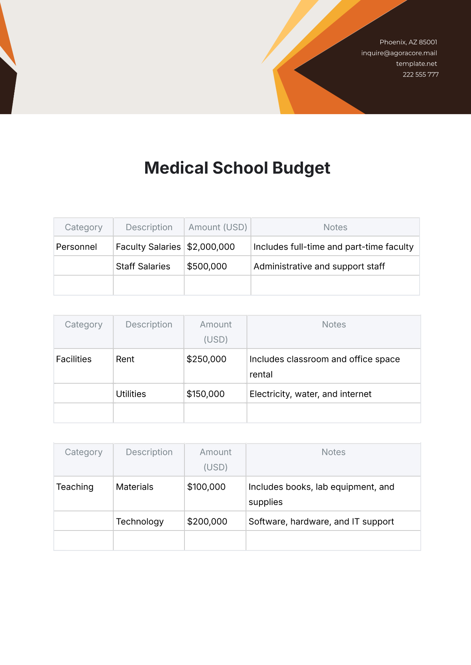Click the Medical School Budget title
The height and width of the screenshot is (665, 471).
(x=237, y=168)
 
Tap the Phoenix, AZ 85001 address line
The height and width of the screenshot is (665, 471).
(x=408, y=42)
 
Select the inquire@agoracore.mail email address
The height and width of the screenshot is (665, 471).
(x=399, y=53)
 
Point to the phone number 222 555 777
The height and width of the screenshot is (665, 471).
(x=420, y=74)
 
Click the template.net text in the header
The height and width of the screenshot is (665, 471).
(x=416, y=64)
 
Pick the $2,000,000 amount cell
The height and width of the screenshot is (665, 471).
(x=211, y=247)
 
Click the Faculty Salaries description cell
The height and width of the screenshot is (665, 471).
(x=148, y=247)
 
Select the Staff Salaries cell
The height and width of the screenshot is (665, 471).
(x=143, y=267)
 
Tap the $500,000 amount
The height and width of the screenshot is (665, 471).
(x=207, y=267)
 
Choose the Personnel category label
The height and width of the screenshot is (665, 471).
(x=77, y=247)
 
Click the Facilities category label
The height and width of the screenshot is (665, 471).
(x=74, y=359)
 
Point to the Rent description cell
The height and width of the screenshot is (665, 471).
(x=125, y=359)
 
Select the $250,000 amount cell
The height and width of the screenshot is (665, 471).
(x=206, y=359)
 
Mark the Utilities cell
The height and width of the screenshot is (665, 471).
(x=131, y=394)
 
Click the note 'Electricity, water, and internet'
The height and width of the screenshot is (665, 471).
(x=310, y=394)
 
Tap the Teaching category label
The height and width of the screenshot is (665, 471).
(x=75, y=487)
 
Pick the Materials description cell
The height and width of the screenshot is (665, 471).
(x=135, y=487)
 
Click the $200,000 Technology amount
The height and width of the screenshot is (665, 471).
(x=207, y=521)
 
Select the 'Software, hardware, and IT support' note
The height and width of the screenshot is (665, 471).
(x=321, y=521)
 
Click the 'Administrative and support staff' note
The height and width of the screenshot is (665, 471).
(x=319, y=267)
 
